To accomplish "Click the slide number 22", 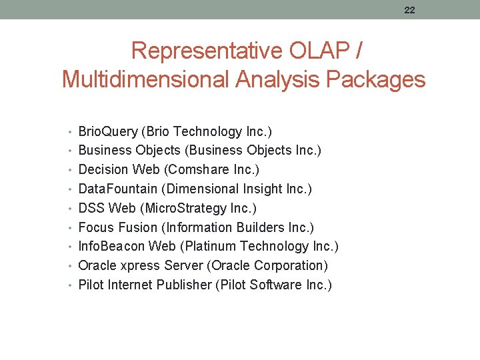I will click(409, 9).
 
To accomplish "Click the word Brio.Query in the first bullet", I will click(106, 132).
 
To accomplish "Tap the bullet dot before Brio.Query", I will click(72, 132).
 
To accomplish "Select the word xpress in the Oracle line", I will click(137, 266).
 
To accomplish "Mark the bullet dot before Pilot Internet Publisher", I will click(72, 285).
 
